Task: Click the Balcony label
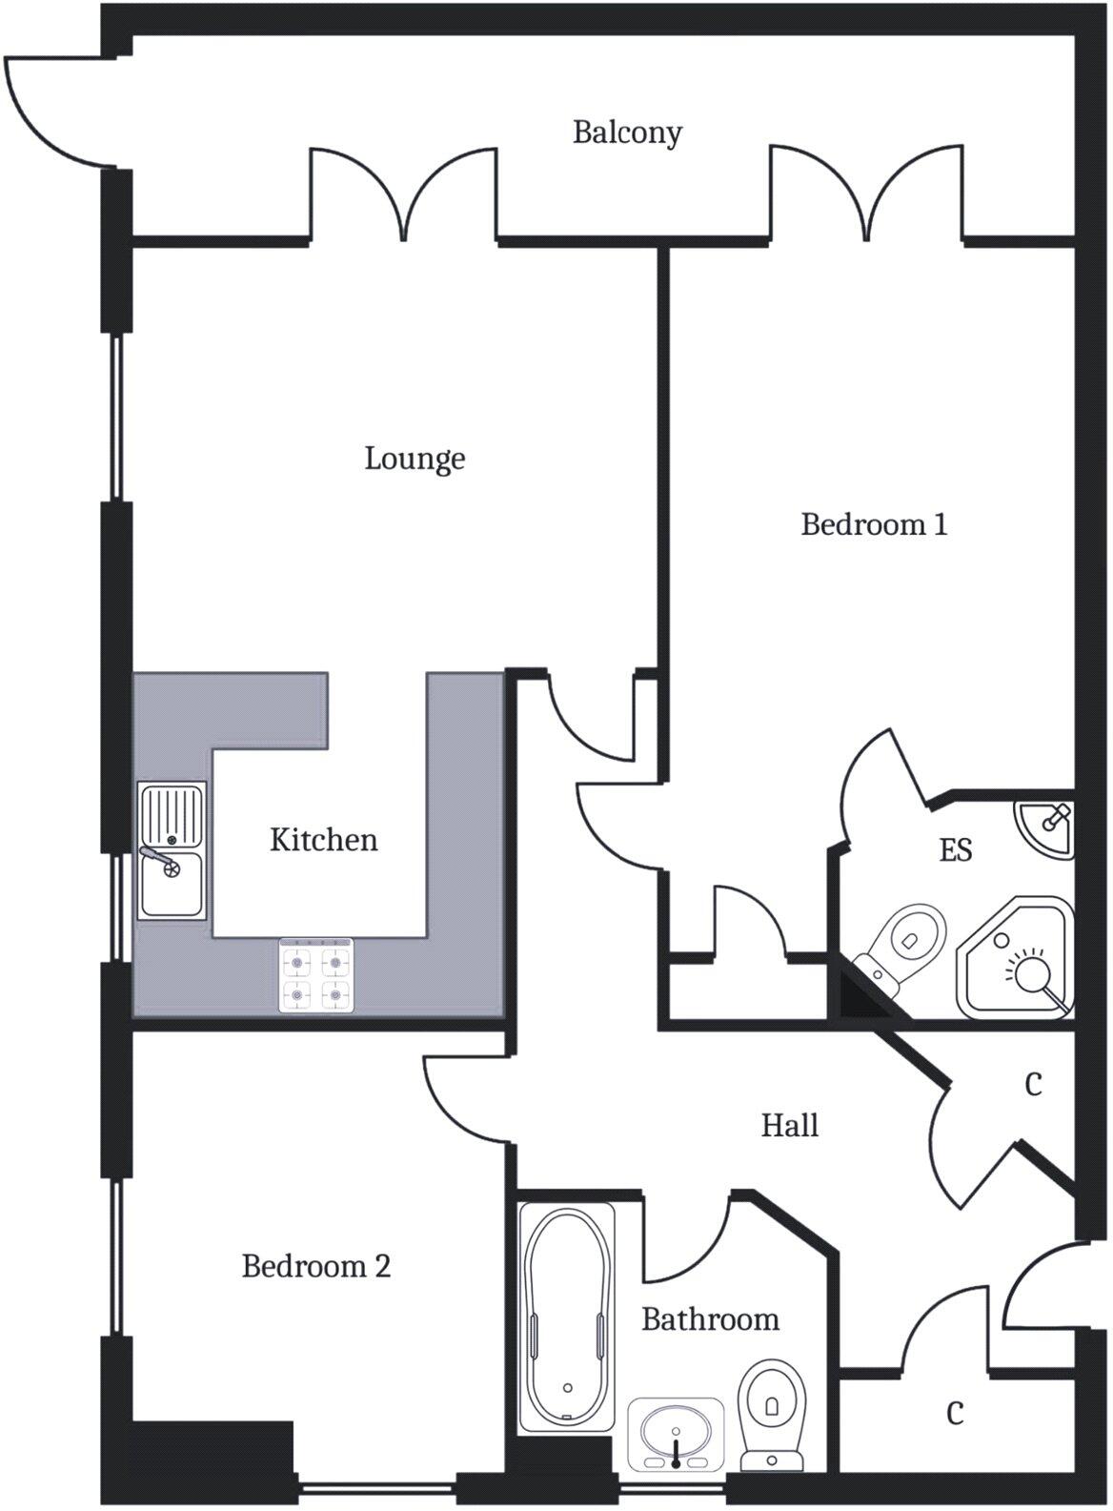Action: pos(627,132)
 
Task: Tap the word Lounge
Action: pos(415,459)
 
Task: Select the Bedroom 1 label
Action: pos(874,524)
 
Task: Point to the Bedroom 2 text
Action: pos(315,1266)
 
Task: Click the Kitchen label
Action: pos(323,840)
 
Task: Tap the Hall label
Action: pos(789,1125)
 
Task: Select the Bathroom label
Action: pos(710,1319)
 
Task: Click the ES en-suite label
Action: pos(955,849)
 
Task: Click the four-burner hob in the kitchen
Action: pos(316,976)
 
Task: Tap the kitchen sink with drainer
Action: pos(172,850)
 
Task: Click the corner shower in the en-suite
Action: pos(1017,958)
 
